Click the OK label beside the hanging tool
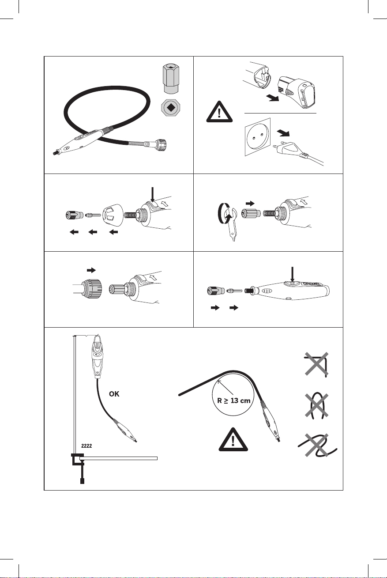114,394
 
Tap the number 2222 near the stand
86,446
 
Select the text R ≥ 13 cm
234,401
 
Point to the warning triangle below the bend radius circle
233,440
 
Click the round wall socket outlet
257,137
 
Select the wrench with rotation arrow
228,221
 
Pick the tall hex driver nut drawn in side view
171,79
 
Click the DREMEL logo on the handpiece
311,284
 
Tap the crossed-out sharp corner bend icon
316,364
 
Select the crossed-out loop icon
316,405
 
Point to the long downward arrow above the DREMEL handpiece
292,274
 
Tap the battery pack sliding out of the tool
296,92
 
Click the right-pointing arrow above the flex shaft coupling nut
91,270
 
